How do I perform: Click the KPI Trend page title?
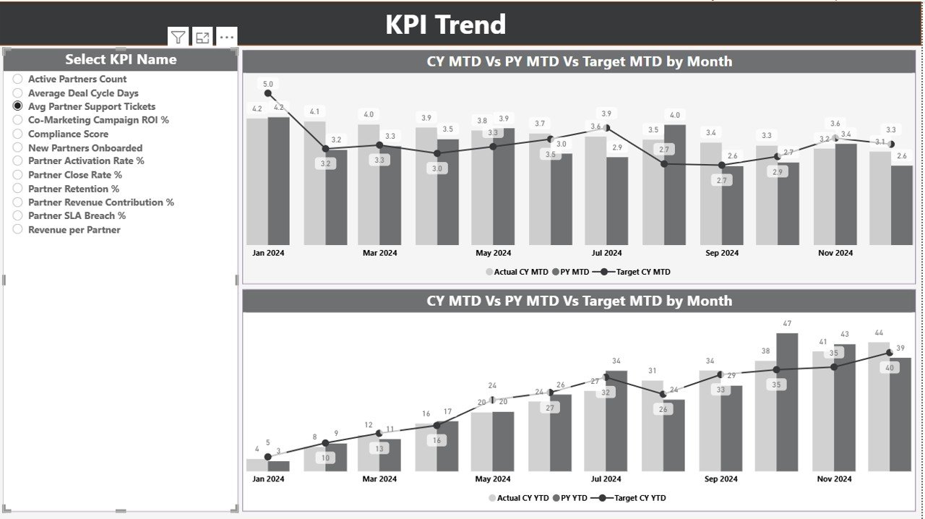pyautogui.click(x=445, y=25)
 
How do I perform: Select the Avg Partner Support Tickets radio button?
pyautogui.click(x=18, y=106)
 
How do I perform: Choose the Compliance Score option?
pyautogui.click(x=18, y=134)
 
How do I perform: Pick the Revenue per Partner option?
pyautogui.click(x=18, y=230)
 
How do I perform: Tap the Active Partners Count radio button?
pyautogui.click(x=18, y=79)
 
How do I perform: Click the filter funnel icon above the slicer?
pyautogui.click(x=178, y=38)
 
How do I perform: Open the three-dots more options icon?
pyautogui.click(x=226, y=38)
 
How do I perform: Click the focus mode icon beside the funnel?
pyautogui.click(x=202, y=38)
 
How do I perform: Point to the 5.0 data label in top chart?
pyautogui.click(x=268, y=84)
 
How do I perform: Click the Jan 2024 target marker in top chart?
pyautogui.click(x=268, y=93)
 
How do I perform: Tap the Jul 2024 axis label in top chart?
pyautogui.click(x=606, y=253)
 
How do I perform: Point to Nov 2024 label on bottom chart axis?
pyautogui.click(x=835, y=479)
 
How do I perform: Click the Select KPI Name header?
pyautogui.click(x=121, y=60)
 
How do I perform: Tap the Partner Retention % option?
pyautogui.click(x=18, y=189)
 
